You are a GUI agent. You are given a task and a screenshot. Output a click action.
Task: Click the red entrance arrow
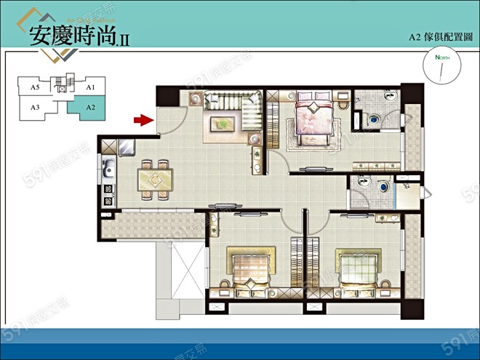[143, 119]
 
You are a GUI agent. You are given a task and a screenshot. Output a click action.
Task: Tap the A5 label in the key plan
[35, 88]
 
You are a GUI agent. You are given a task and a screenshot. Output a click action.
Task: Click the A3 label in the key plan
[35, 107]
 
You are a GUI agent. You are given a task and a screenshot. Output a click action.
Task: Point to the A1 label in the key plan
[91, 88]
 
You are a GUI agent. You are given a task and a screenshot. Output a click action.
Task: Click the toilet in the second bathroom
[379, 188]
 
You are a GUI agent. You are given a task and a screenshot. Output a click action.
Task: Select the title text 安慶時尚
[73, 36]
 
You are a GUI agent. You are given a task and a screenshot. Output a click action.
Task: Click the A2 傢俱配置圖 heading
[436, 36]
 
